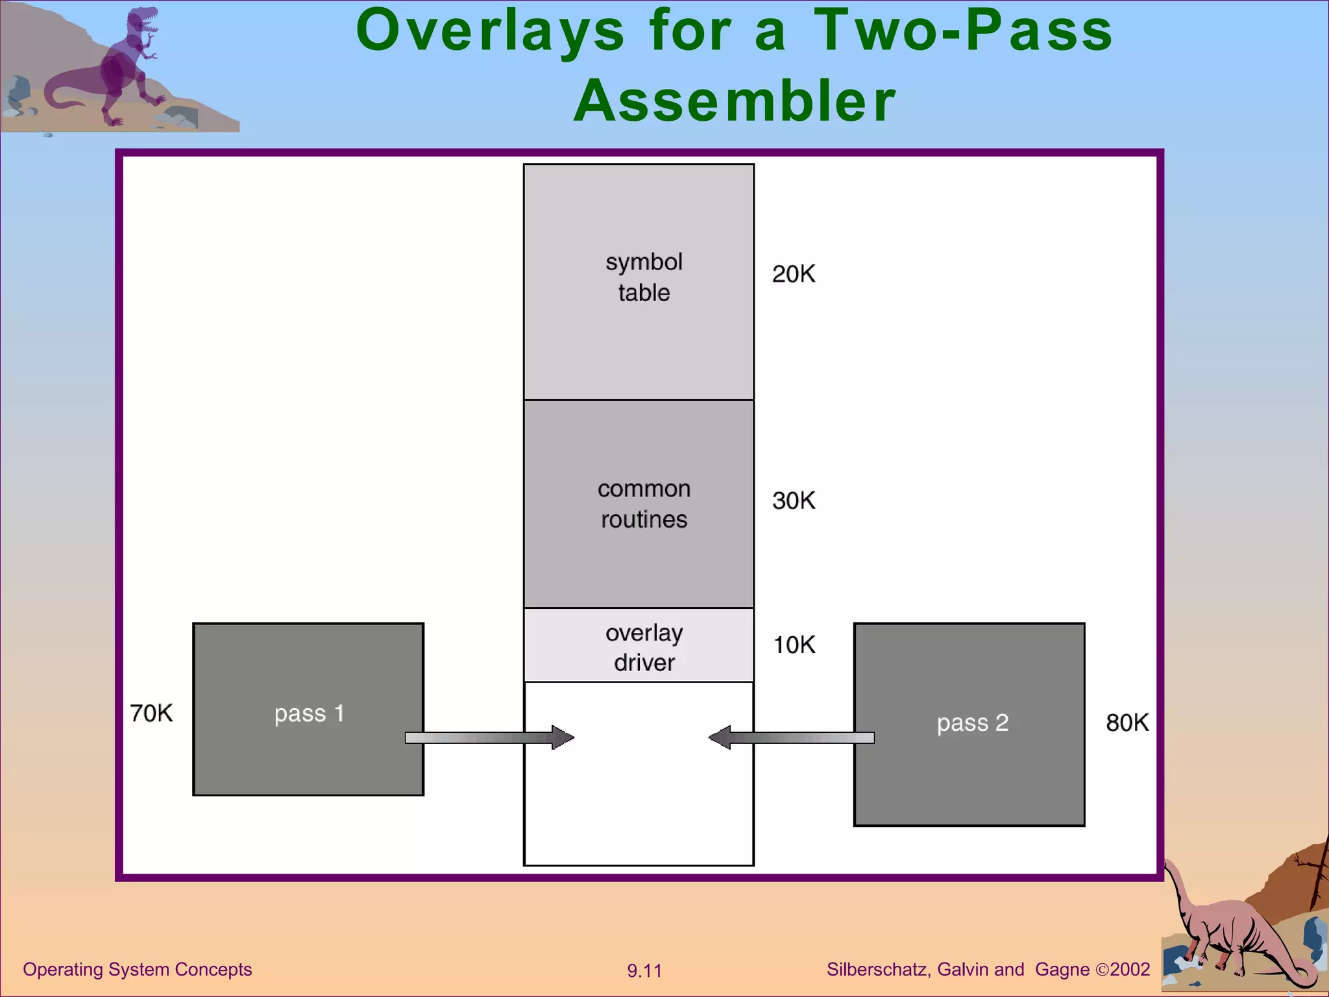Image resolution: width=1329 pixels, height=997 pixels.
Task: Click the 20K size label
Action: pos(793,274)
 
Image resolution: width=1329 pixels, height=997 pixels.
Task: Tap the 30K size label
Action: pos(793,500)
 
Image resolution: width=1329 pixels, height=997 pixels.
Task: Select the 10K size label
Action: pos(794,645)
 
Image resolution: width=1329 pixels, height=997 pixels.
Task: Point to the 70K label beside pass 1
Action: pos(151,713)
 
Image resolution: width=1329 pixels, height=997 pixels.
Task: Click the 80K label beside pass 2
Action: pos(1127,722)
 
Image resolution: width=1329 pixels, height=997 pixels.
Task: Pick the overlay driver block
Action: pos(639,645)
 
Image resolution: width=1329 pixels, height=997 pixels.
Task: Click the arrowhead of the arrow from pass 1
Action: pos(563,737)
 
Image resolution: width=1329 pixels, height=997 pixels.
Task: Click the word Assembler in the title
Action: pos(734,101)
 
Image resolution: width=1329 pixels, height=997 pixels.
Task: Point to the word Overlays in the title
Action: pos(490,31)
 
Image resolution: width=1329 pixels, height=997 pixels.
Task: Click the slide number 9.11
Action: pos(644,970)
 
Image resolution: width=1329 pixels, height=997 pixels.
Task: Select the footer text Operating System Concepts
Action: pos(137,969)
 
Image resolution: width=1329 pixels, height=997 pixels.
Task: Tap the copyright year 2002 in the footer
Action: pos(1129,969)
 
